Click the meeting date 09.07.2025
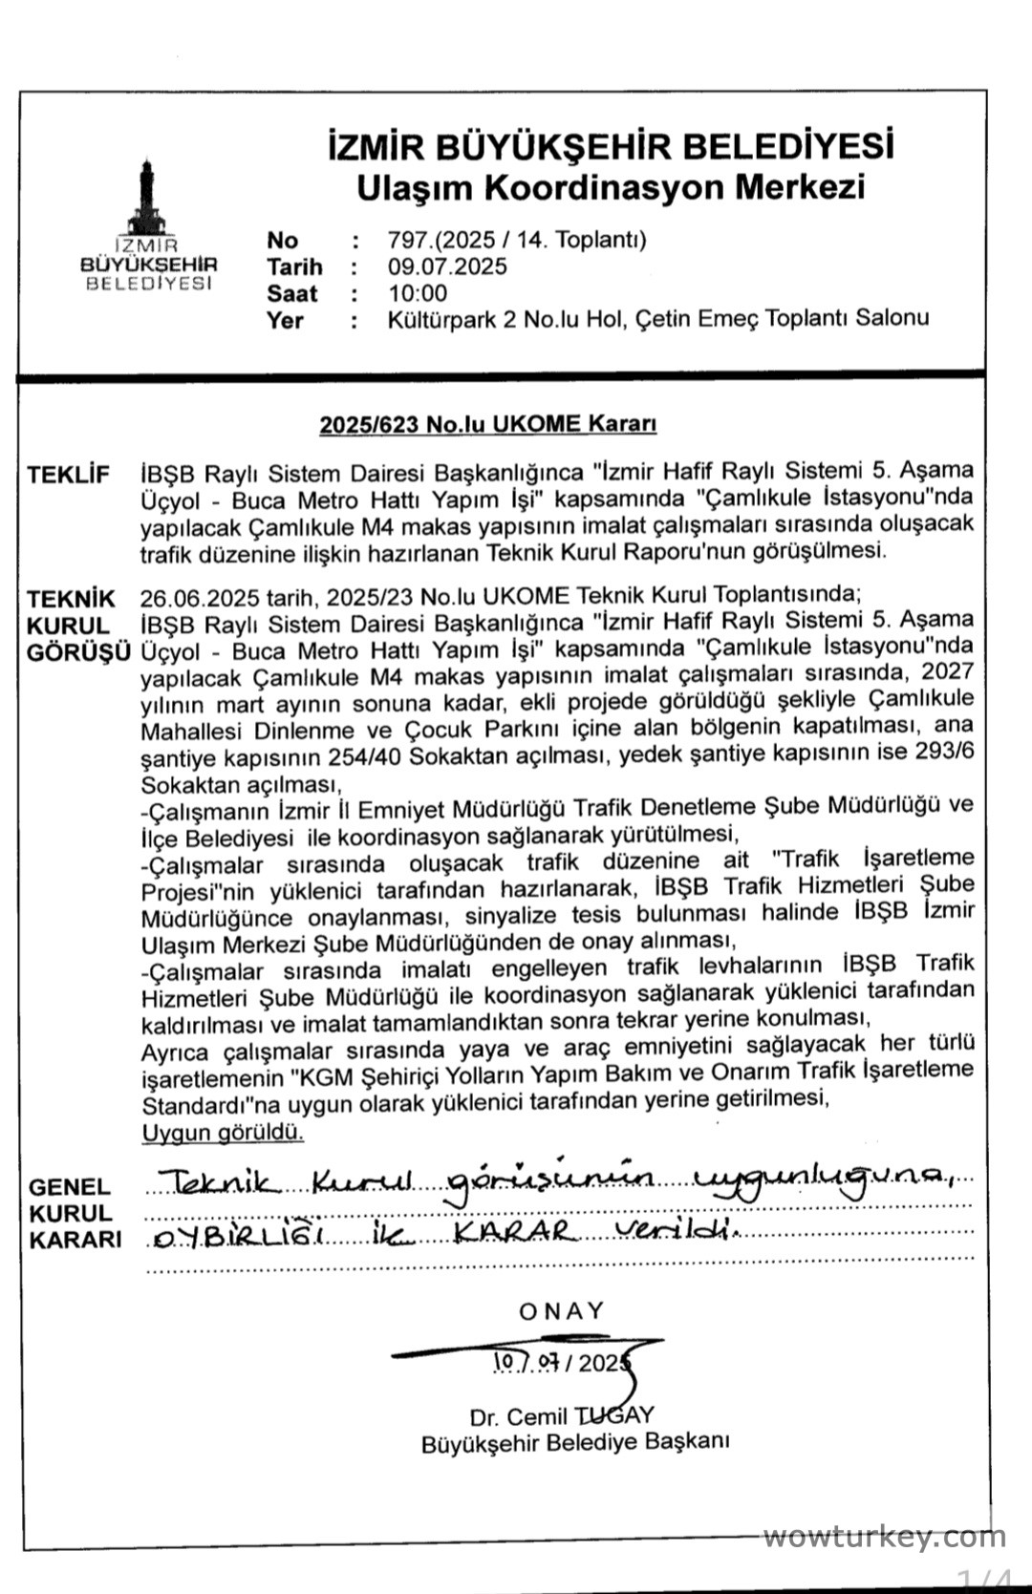447,266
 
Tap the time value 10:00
418,293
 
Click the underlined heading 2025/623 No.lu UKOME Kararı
488,424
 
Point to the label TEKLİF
69,475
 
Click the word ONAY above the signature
562,1311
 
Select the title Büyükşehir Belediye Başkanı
574,1443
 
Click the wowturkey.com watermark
884,1538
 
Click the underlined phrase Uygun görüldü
223,1134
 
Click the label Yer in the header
286,320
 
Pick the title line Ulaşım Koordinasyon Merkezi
610,186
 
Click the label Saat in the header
292,293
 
